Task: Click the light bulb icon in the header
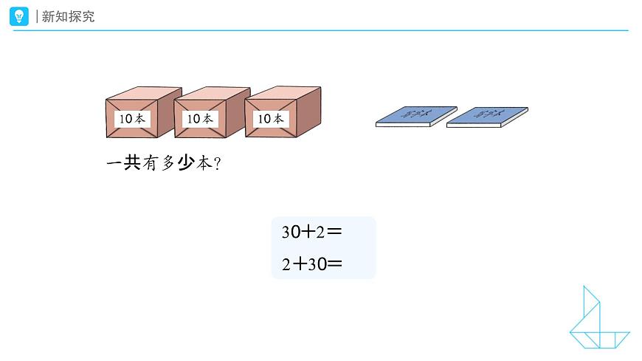[x=20, y=16]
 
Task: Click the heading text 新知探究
[x=69, y=16]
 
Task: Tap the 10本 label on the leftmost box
[x=132, y=118]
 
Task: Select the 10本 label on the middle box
[x=199, y=118]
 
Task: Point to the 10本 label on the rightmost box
[x=269, y=118]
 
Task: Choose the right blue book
[x=487, y=116]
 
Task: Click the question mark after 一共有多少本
[x=218, y=165]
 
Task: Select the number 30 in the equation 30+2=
[x=289, y=232]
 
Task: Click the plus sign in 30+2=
[x=308, y=232]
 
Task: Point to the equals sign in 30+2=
[x=334, y=232]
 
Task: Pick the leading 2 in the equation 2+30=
[x=286, y=263]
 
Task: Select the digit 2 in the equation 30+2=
[x=320, y=232]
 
